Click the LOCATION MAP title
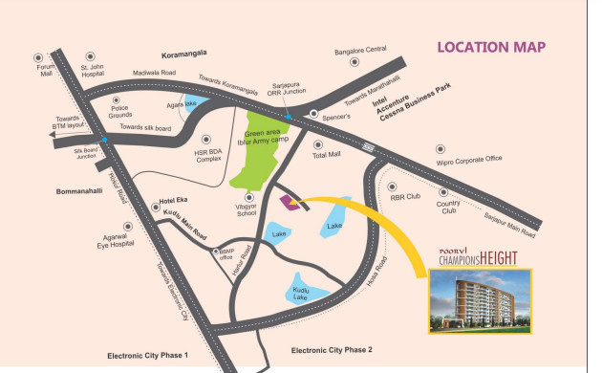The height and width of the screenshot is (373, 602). pos(490,47)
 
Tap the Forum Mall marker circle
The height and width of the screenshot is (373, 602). pos(38,56)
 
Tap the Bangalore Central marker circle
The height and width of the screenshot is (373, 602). pos(355,62)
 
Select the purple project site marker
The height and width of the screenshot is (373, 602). pos(290,201)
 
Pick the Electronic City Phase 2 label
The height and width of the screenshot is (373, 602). pos(332,350)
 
